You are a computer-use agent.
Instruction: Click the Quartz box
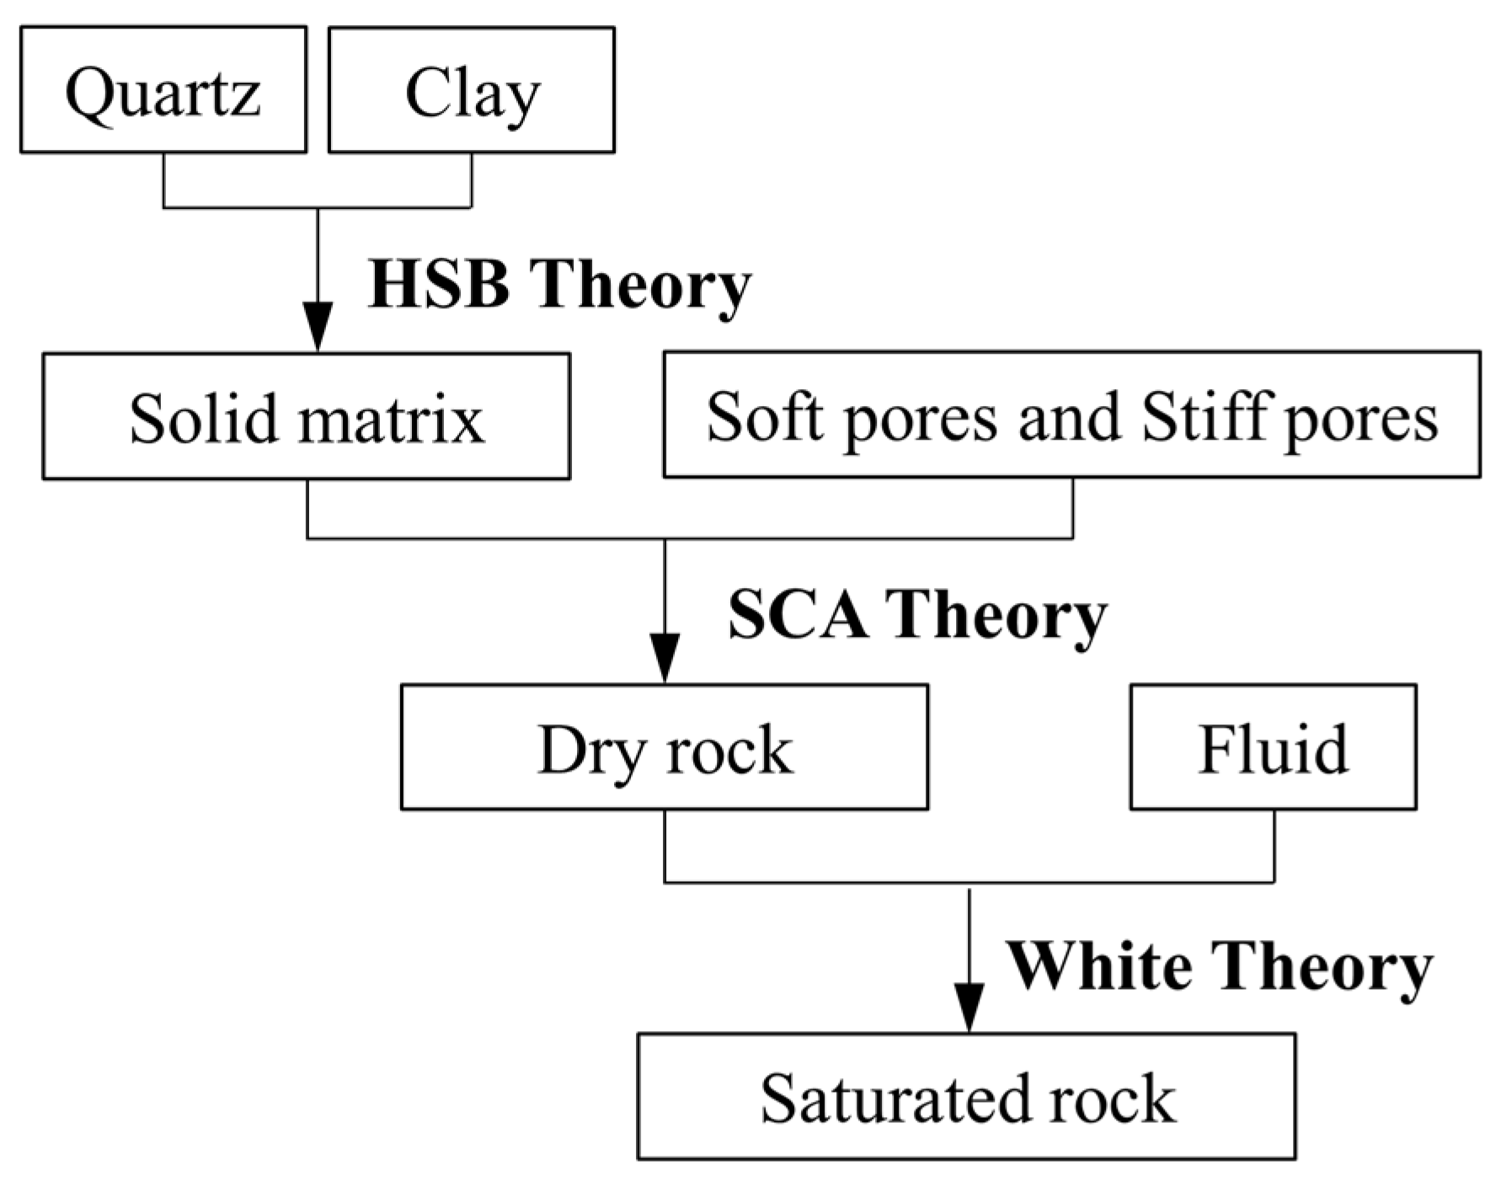[163, 90]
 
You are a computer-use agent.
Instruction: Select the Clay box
[471, 90]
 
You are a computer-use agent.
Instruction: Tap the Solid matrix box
[306, 416]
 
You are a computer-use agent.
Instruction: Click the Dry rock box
[664, 747]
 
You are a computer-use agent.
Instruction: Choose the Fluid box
[1272, 747]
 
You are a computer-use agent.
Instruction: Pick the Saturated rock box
[965, 1096]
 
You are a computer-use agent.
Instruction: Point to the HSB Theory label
[558, 285]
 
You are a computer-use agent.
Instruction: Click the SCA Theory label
[916, 614]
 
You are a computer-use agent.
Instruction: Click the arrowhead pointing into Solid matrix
[318, 332]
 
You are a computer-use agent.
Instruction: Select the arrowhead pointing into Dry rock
[665, 663]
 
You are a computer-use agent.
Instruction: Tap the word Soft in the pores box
[765, 416]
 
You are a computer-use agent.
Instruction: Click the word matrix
[391, 418]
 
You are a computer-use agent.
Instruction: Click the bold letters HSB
[439, 285]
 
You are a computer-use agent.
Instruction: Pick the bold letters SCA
[797, 614]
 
